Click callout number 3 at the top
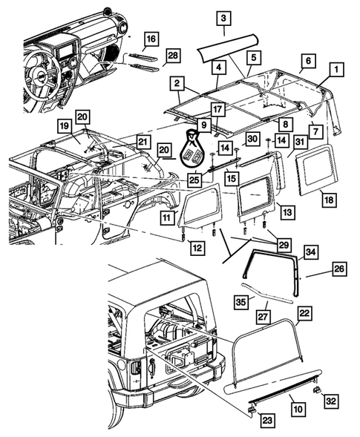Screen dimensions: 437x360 (224, 19)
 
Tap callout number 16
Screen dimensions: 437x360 (151, 39)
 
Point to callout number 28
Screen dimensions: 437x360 (172, 56)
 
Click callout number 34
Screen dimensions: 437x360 (311, 254)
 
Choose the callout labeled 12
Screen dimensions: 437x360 (197, 249)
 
